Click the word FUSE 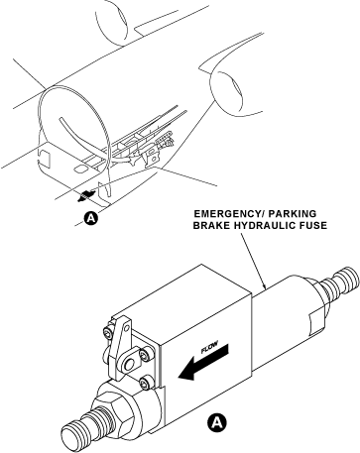313,226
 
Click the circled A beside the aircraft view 91,218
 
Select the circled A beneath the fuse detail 217,421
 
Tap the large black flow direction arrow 203,363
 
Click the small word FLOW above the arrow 209,347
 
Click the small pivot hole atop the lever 126,328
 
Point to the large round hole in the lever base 129,365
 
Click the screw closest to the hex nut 146,384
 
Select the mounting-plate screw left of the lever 107,332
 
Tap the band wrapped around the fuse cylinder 318,321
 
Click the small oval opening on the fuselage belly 80,169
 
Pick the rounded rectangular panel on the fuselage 45,158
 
